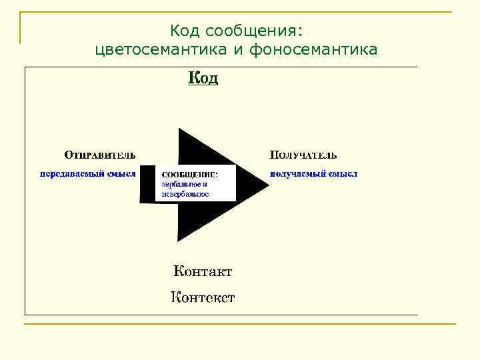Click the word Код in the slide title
pos(185,31)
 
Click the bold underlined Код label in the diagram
pos(203,79)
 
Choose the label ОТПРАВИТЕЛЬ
pos(99,155)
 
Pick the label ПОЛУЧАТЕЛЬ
pos(303,155)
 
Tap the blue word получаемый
pos(299,173)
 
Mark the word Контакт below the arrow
pos(203,271)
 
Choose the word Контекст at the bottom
pos(203,297)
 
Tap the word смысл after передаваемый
pos(121,173)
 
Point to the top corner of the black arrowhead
pos(179,128)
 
